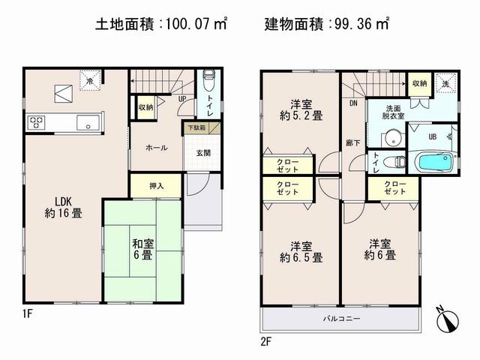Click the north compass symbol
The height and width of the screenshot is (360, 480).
click(x=450, y=319)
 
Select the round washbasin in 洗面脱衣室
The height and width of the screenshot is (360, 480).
click(x=389, y=138)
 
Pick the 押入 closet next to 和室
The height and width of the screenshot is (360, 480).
click(x=155, y=185)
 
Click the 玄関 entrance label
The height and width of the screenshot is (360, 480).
click(x=204, y=153)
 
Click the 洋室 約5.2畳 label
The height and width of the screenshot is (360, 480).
click(x=301, y=110)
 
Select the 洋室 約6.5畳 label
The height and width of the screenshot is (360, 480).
click(x=301, y=251)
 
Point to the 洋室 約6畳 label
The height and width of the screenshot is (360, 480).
click(x=380, y=249)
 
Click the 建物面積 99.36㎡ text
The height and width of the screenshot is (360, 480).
click(x=326, y=24)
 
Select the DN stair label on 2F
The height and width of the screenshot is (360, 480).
click(x=353, y=103)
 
